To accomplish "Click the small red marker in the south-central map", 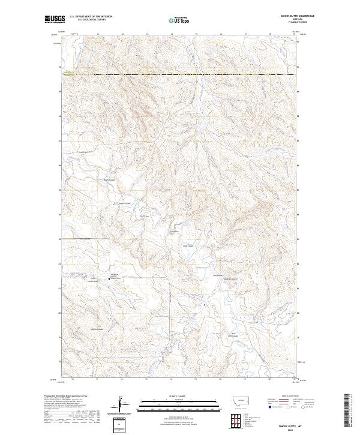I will coord(205,304).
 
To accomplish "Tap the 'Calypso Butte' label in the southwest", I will coord(97,329).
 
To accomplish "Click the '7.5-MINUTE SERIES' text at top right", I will coord(284,24).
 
